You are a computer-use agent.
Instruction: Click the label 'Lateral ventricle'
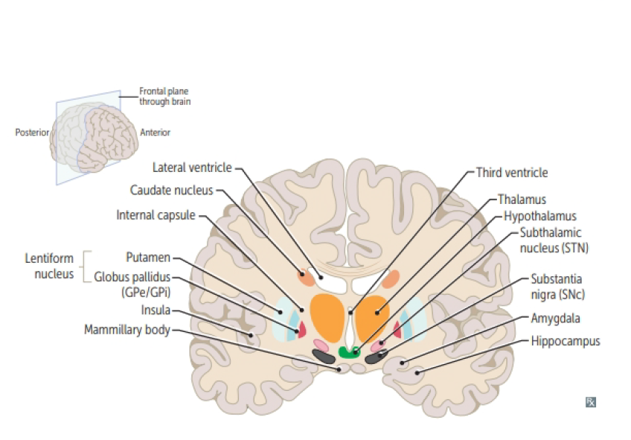click(x=192, y=168)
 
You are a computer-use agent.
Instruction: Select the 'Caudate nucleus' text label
click(x=171, y=191)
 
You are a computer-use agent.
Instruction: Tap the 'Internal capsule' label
click(x=156, y=215)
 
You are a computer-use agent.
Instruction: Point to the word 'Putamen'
click(x=148, y=258)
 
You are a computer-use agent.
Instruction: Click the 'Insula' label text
click(x=156, y=310)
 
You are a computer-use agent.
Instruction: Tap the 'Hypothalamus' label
click(x=539, y=216)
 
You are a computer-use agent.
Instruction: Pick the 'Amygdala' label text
click(x=556, y=319)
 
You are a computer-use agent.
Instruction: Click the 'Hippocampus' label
click(x=565, y=342)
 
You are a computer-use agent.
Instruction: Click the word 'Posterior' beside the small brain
click(x=32, y=133)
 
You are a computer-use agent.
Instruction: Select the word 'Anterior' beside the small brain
click(x=155, y=133)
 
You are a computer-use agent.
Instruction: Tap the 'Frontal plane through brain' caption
click(x=164, y=96)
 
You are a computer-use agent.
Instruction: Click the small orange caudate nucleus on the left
click(x=306, y=278)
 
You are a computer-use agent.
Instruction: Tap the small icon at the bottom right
click(x=591, y=402)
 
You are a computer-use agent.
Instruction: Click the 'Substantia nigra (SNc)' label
click(x=557, y=287)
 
